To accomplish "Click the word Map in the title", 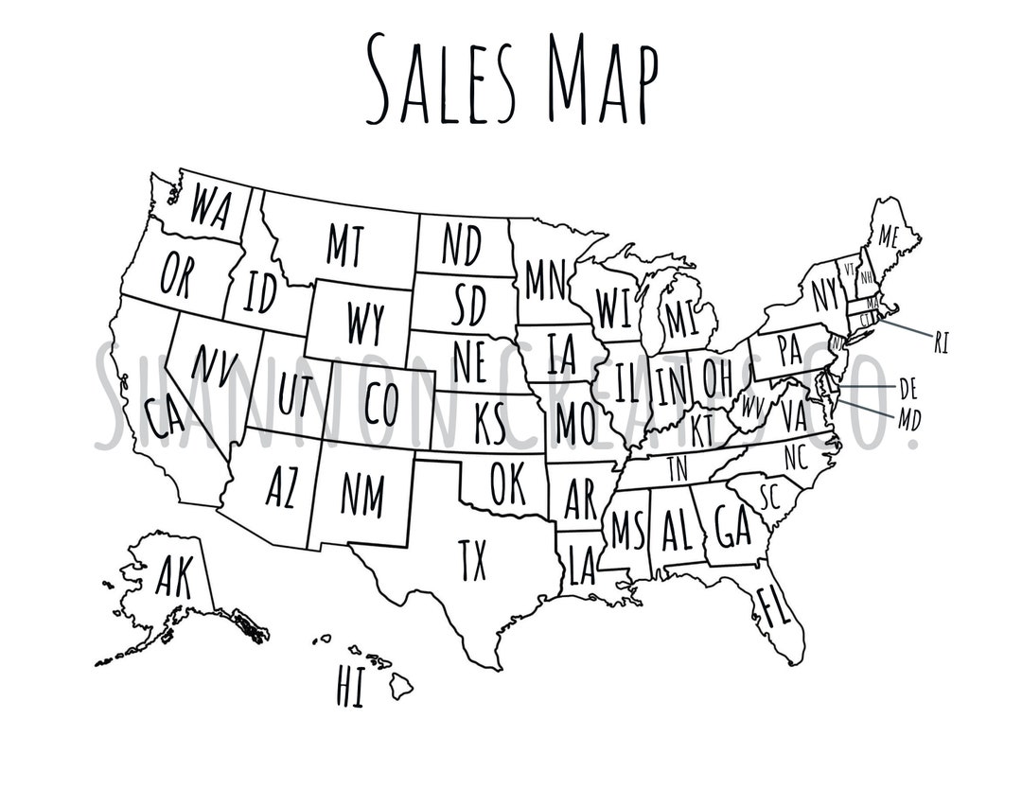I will click(x=602, y=79).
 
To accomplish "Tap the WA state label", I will click(x=210, y=206).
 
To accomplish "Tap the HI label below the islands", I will click(x=349, y=688).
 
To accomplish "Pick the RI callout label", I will click(x=941, y=342).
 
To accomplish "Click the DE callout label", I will click(x=908, y=388).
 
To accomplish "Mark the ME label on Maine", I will click(x=887, y=237).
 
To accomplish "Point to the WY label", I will click(x=364, y=324).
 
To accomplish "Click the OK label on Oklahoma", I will click(x=508, y=484).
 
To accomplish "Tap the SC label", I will click(x=768, y=496).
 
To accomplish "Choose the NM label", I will click(x=362, y=493).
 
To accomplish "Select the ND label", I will click(x=462, y=245).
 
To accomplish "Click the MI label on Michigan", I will click(x=681, y=320).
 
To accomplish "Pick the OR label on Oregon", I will click(x=176, y=274).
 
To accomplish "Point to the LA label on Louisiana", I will click(x=581, y=565).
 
